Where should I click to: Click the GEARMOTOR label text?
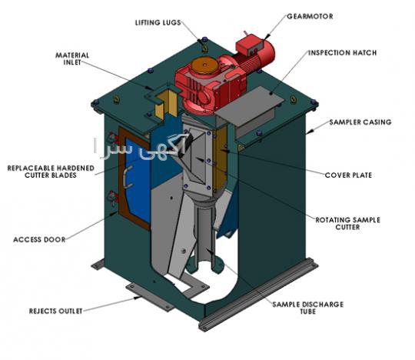click(310, 16)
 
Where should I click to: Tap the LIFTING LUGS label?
click(158, 23)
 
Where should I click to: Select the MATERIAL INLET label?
click(72, 58)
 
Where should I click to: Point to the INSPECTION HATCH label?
click(343, 53)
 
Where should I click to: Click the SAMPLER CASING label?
click(360, 122)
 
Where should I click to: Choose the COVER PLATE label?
click(348, 175)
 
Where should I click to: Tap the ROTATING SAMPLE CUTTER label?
click(348, 224)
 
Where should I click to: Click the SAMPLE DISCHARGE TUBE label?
click(308, 308)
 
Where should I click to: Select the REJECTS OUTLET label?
click(55, 311)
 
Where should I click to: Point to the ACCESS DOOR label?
click(39, 240)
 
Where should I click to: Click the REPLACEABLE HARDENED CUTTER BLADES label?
click(51, 172)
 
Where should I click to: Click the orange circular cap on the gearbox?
click(204, 65)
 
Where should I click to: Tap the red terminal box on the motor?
click(249, 45)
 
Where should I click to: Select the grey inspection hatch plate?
click(250, 106)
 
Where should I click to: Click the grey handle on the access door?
click(128, 177)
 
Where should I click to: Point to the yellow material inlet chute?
click(166, 104)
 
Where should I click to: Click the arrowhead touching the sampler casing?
click(310, 131)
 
